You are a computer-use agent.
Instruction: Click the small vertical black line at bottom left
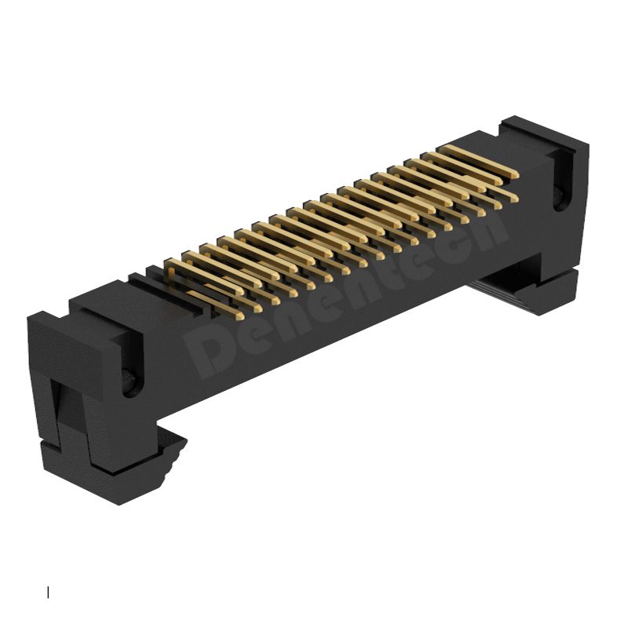tap(48, 592)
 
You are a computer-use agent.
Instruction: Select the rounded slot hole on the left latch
tap(131, 382)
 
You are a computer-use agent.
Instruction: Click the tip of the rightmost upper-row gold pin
tap(516, 174)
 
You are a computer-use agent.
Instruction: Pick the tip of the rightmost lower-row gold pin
tap(515, 199)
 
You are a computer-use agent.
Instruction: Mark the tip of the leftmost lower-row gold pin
tap(240, 316)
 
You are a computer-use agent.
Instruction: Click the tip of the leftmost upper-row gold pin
tap(239, 291)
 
